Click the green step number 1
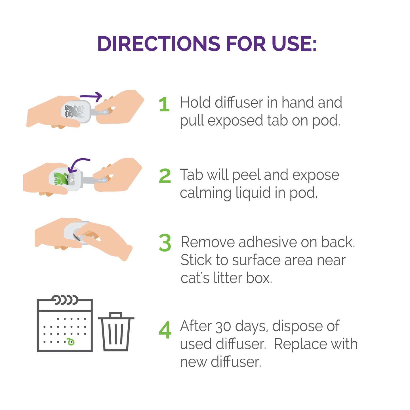point(164,104)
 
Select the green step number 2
point(165,176)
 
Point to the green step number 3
point(165,243)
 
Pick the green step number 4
point(165,330)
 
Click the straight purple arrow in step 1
point(91,96)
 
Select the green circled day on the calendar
point(71,342)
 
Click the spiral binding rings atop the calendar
point(65,300)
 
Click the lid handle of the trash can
point(116,315)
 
